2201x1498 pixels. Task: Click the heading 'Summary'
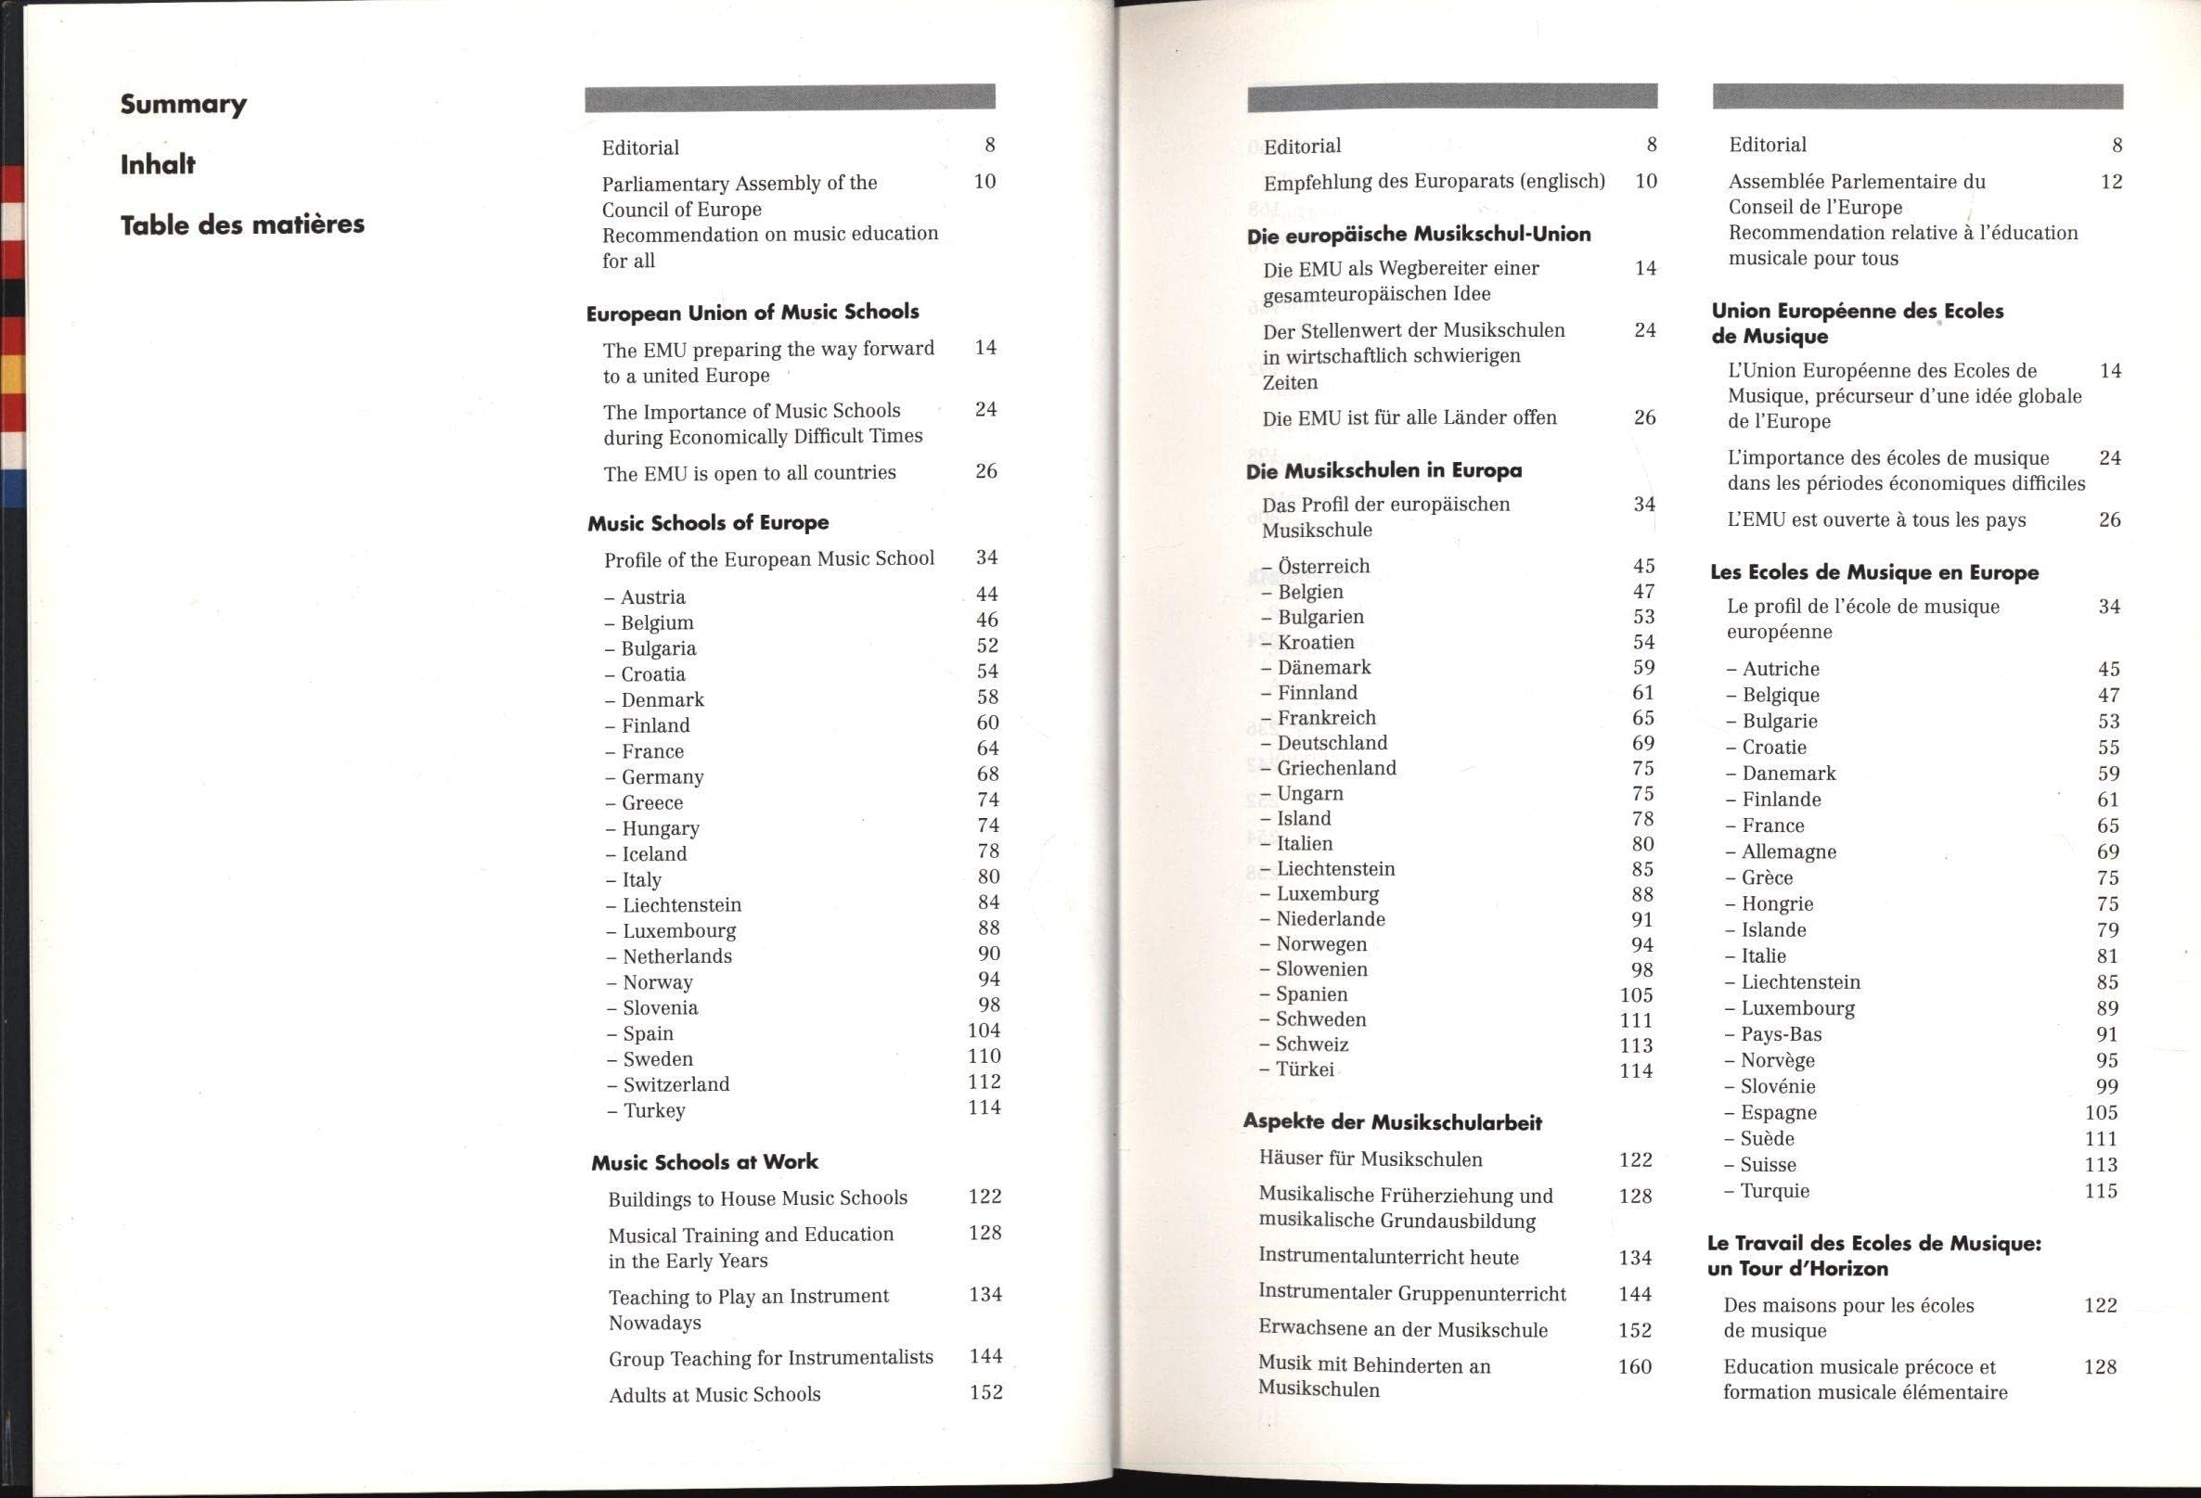[183, 104]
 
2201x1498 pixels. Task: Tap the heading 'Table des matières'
[241, 224]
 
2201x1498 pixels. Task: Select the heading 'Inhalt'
[157, 165]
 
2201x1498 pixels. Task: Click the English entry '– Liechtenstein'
[674, 905]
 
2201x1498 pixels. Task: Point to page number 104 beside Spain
[984, 1031]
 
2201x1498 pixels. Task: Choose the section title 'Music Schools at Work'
[704, 1162]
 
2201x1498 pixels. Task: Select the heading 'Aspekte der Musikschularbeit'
[1392, 1122]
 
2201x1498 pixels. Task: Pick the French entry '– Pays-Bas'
[1773, 1034]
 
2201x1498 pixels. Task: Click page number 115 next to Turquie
[2101, 1191]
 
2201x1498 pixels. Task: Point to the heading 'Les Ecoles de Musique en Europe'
[1874, 572]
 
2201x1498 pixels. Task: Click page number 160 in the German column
[1635, 1366]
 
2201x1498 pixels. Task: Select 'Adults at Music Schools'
[714, 1395]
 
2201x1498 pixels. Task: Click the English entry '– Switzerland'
[668, 1085]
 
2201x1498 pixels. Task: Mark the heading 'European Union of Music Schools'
[752, 313]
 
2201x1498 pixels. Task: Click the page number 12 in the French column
[2111, 182]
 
